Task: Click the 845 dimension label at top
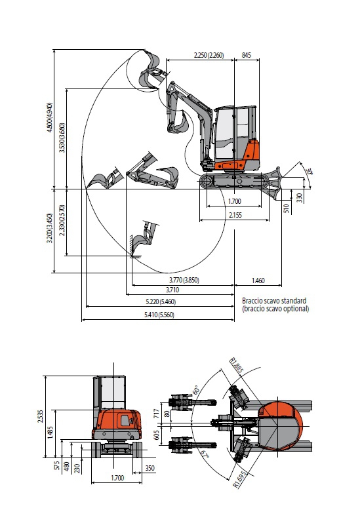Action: [x=247, y=55]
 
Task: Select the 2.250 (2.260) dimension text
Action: [x=209, y=55]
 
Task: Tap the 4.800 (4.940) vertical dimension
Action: [x=50, y=117]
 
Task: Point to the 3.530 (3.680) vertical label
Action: [x=62, y=138]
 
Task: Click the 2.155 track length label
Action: [x=235, y=215]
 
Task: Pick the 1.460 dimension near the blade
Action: [x=258, y=281]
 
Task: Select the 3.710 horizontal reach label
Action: [x=172, y=290]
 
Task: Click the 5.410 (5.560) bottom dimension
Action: [x=159, y=315]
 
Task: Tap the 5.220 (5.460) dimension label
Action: [x=161, y=302]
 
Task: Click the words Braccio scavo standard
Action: [x=274, y=300]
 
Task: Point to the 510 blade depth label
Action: [x=287, y=209]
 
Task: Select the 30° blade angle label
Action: [x=310, y=171]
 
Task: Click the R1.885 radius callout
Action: [x=236, y=366]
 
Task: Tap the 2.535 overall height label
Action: [x=41, y=416]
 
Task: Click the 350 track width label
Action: [x=150, y=468]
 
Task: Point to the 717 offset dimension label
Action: [x=156, y=413]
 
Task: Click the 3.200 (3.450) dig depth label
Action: [x=50, y=228]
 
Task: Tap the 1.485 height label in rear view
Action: [x=50, y=432]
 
